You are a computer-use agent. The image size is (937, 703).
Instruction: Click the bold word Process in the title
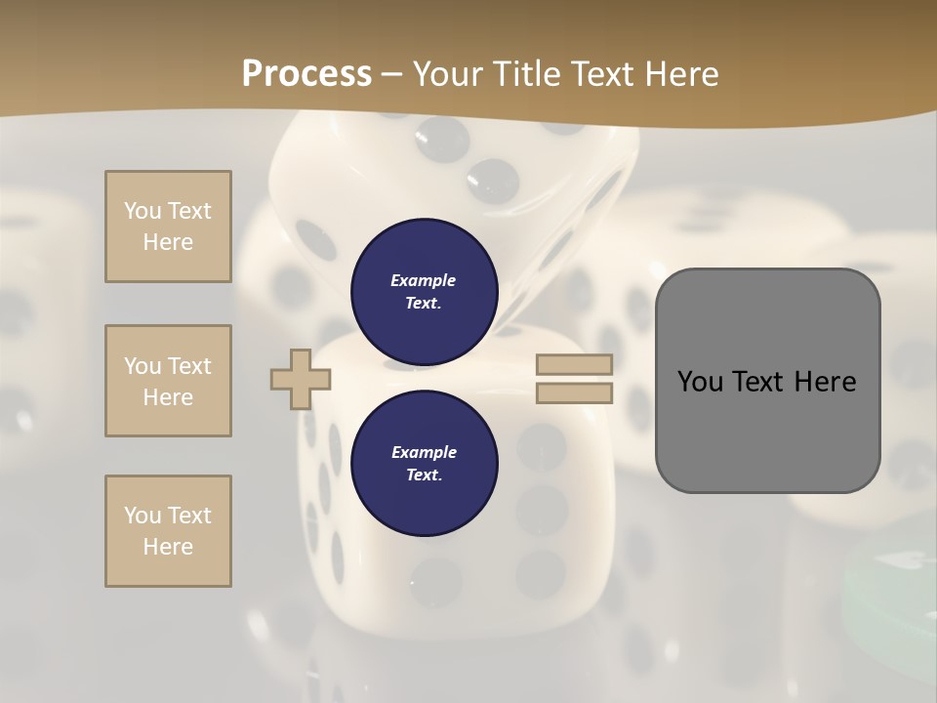pyautogui.click(x=306, y=74)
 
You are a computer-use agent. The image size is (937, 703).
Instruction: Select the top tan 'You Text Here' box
pyautogui.click(x=168, y=227)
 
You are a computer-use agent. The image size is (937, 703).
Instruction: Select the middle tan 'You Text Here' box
pyautogui.click(x=168, y=381)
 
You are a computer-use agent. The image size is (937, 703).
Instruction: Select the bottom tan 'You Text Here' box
pyautogui.click(x=168, y=531)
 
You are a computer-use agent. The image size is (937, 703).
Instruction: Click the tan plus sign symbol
pyautogui.click(x=301, y=379)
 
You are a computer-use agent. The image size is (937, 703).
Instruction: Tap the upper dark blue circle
pyautogui.click(x=424, y=291)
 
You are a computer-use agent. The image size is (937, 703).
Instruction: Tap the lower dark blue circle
pyautogui.click(x=424, y=463)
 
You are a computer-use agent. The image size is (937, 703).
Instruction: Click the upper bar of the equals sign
pyautogui.click(x=574, y=364)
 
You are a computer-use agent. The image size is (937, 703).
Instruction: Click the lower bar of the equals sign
pyautogui.click(x=574, y=393)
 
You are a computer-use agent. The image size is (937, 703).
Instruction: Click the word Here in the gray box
pyautogui.click(x=825, y=382)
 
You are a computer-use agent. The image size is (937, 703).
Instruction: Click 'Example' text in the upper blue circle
pyautogui.click(x=423, y=280)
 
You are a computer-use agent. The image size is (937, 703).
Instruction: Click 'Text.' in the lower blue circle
pyautogui.click(x=423, y=476)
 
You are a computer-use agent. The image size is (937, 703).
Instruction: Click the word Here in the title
pyautogui.click(x=679, y=74)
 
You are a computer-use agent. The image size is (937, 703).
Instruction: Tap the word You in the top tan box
pyautogui.click(x=141, y=211)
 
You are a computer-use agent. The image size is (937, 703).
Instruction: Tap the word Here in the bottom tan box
pyautogui.click(x=168, y=547)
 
